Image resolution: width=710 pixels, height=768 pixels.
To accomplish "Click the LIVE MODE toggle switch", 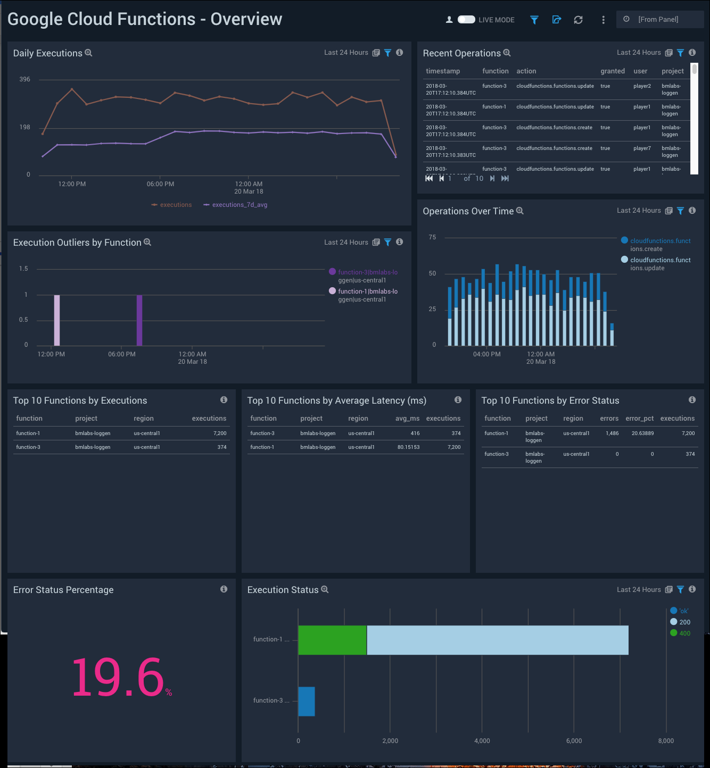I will (466, 20).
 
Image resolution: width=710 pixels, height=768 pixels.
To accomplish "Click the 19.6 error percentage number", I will (118, 677).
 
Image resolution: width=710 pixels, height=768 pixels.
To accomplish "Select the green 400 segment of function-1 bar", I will (332, 640).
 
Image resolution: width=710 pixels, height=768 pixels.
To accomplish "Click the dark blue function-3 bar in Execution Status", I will (307, 701).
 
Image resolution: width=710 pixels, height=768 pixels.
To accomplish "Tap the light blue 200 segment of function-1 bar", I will (498, 640).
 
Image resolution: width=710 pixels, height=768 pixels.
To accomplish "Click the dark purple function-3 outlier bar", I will (139, 320).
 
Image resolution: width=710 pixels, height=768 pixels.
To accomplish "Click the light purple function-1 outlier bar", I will (57, 320).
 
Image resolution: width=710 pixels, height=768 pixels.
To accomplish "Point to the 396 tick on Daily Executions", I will (25, 79).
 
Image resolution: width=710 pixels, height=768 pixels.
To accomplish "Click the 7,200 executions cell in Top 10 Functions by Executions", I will (220, 433).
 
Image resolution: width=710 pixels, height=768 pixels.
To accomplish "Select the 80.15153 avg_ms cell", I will (408, 447).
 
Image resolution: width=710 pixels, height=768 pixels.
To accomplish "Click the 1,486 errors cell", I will (612, 433).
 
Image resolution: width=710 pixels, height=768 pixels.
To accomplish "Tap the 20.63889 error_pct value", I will (642, 433).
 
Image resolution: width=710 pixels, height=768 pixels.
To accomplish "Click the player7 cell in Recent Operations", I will (642, 148).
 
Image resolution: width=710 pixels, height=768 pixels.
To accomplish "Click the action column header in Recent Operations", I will (526, 71).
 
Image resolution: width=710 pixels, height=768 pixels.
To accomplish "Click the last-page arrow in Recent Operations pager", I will (505, 179).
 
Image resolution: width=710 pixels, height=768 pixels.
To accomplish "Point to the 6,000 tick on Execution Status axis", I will (574, 741).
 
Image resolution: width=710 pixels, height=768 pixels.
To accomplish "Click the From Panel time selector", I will (659, 20).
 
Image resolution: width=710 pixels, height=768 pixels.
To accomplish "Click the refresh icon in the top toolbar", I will (578, 20).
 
